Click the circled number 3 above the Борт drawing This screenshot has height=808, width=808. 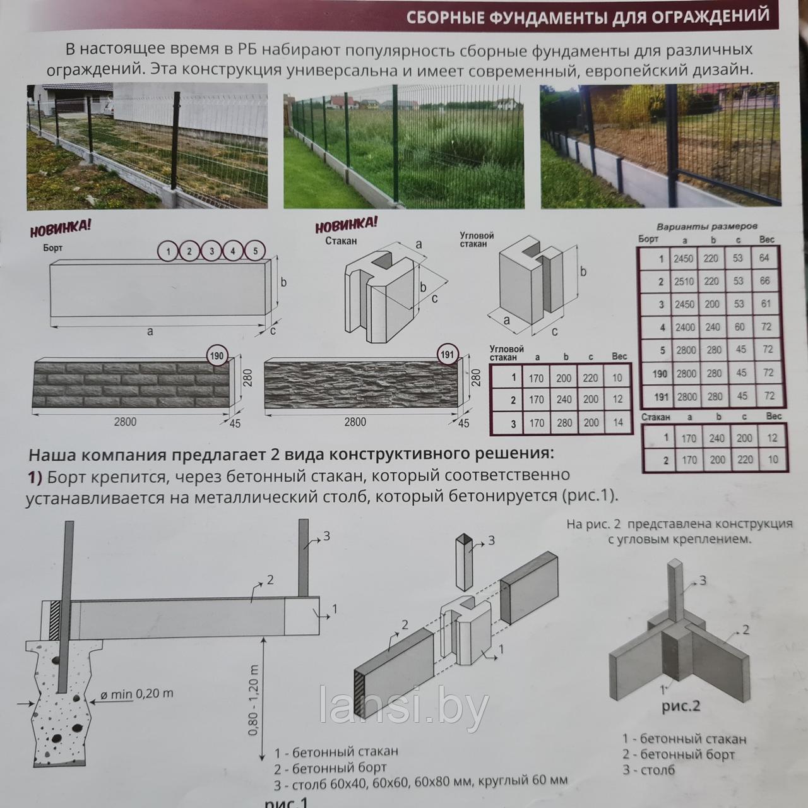[211, 251]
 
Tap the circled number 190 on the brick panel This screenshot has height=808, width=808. [217, 357]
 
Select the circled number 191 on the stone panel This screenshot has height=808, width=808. [447, 355]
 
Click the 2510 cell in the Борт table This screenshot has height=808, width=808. [684, 282]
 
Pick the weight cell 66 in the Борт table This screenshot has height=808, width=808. [765, 281]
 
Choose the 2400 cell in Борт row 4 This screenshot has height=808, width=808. [685, 327]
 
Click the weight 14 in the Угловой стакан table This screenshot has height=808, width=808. [617, 422]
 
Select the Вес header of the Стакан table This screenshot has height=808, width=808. [774, 416]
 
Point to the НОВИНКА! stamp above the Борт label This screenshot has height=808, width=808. [60, 228]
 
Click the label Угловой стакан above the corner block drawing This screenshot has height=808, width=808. [477, 239]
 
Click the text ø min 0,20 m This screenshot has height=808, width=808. [137, 694]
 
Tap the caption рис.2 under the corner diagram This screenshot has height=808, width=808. [681, 706]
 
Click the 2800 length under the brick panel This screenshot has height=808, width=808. [125, 422]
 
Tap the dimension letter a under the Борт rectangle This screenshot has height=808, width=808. [150, 331]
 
